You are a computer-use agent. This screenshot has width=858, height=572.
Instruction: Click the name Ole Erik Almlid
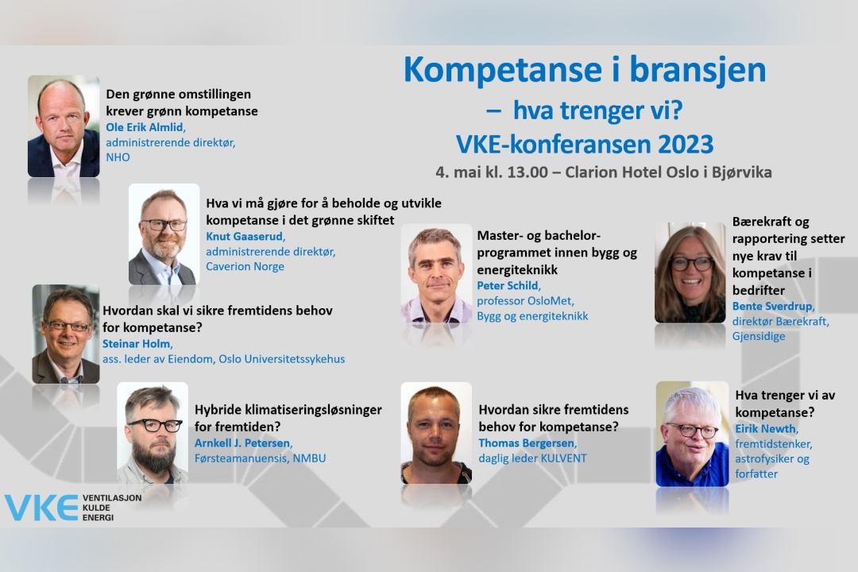pos(145,128)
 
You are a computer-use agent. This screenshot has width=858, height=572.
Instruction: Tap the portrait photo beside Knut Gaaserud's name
pos(164,234)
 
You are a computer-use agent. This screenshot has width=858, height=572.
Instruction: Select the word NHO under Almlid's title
pos(118,157)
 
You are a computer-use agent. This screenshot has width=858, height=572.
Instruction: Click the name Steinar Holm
pos(137,344)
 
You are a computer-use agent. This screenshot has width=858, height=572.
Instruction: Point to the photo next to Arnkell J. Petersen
pos(153,432)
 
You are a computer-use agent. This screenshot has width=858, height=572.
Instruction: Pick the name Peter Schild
pos(508,286)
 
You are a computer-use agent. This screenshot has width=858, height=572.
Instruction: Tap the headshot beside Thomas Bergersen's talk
pos(436,433)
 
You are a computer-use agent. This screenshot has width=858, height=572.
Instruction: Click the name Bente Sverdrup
pos(773,307)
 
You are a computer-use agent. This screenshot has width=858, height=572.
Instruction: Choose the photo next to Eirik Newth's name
pos(692,434)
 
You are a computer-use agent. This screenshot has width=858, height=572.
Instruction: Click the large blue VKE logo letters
pos(41,508)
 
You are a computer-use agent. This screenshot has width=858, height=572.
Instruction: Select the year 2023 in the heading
pos(686,145)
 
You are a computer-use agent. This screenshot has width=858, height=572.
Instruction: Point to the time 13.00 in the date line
pos(528,172)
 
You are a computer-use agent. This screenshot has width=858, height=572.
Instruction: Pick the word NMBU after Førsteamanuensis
pos(309,458)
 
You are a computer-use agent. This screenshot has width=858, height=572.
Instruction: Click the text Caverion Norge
pos(245,267)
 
